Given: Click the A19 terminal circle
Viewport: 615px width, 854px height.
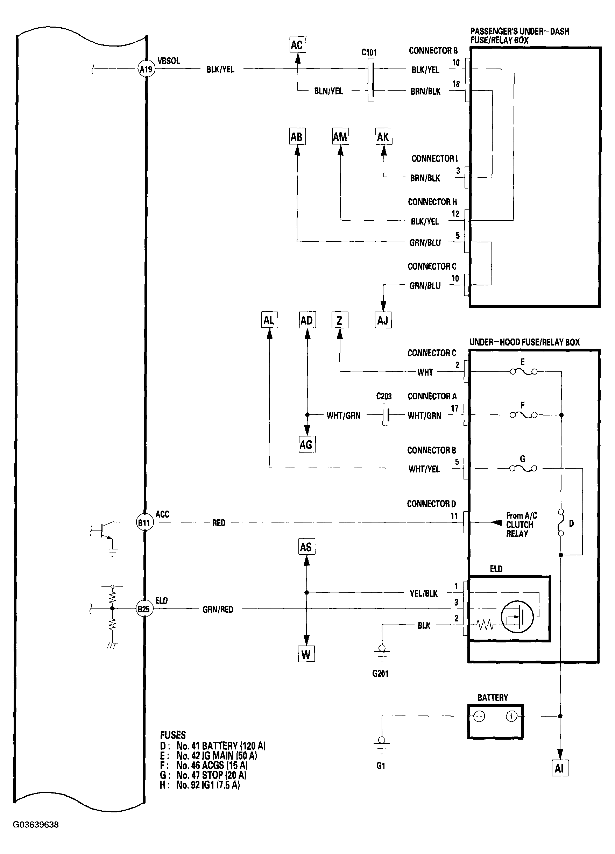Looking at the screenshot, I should click(146, 69).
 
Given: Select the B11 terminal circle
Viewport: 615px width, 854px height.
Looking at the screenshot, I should click(144, 522).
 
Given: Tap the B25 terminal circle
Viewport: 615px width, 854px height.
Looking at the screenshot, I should click(144, 609).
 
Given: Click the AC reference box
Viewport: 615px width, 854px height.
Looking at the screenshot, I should click(297, 45).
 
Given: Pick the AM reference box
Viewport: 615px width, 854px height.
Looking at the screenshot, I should click(340, 137).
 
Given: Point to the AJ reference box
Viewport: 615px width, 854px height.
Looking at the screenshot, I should click(383, 320).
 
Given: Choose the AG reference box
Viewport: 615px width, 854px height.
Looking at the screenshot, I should click(306, 445).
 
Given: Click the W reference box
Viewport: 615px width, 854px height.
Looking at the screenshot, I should click(306, 654).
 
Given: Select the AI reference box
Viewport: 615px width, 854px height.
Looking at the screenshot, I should click(559, 768).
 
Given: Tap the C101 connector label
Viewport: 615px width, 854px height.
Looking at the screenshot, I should click(369, 52).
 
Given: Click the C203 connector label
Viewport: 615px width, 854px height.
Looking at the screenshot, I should click(384, 396).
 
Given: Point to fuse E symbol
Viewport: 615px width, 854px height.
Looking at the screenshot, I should click(523, 371).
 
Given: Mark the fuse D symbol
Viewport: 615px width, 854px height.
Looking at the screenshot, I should click(561, 522).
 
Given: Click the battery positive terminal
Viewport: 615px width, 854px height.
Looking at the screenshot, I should click(511, 716).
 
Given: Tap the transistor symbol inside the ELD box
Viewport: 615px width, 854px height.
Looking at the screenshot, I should click(517, 617).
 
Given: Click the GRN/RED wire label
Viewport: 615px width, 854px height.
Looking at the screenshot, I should click(218, 609).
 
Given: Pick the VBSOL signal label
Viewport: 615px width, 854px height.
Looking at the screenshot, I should click(168, 61).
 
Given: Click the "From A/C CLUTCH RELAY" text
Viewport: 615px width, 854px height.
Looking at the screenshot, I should click(521, 524).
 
